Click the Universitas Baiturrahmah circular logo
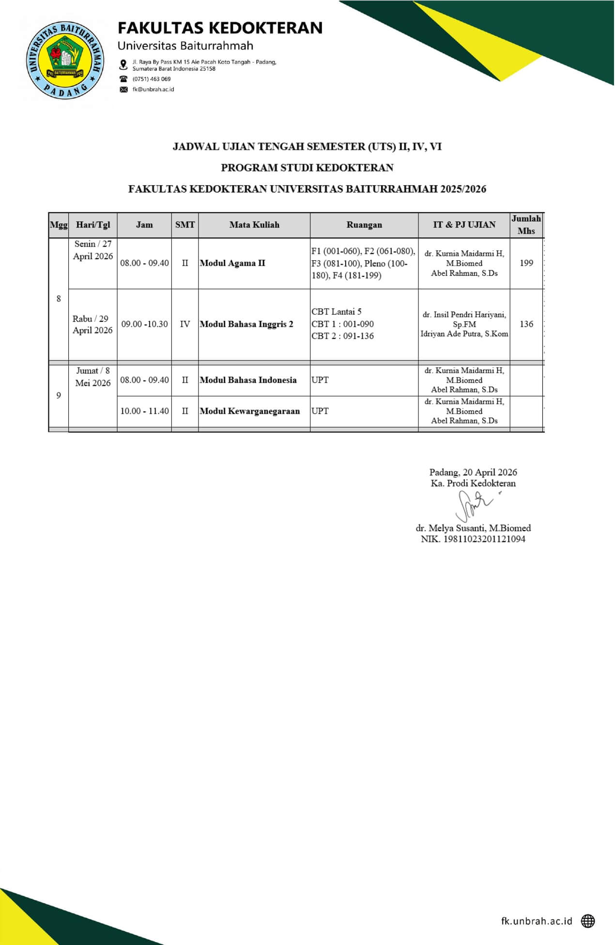[x=65, y=60]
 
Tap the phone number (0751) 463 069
[x=152, y=79]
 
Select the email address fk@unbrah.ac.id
[x=153, y=90]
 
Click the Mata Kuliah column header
[x=254, y=225]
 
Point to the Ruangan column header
[x=364, y=225]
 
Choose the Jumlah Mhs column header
[x=526, y=225]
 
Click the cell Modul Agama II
[x=232, y=263]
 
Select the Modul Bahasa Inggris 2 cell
[x=246, y=324]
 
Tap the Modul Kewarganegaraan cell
[x=250, y=411]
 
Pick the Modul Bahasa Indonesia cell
[x=248, y=380]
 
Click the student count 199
[x=526, y=263]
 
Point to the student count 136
[x=526, y=324]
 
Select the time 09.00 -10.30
[x=144, y=324]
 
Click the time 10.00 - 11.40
[x=144, y=411]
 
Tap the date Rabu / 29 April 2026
[x=92, y=325]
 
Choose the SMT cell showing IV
[x=185, y=324]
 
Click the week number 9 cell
[x=59, y=396]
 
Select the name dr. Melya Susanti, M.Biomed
[x=473, y=528]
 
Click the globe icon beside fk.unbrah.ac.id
[x=588, y=921]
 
